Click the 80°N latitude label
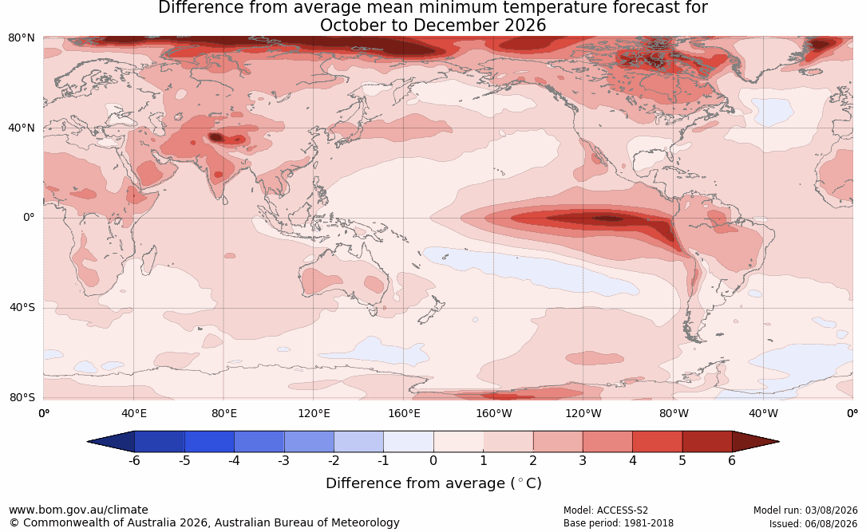[x=21, y=38]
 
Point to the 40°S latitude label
[x=22, y=307]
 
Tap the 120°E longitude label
[x=314, y=413]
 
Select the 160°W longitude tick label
[x=494, y=413]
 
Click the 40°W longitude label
[x=763, y=413]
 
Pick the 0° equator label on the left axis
[x=29, y=218]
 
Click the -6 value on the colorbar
[x=133, y=460]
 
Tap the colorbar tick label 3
[x=583, y=460]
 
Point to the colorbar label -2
[x=333, y=460]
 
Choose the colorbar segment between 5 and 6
[x=707, y=442]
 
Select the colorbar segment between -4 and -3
[x=259, y=442]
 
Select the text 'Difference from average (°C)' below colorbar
[x=433, y=483]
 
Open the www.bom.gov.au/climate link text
[x=78, y=510]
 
